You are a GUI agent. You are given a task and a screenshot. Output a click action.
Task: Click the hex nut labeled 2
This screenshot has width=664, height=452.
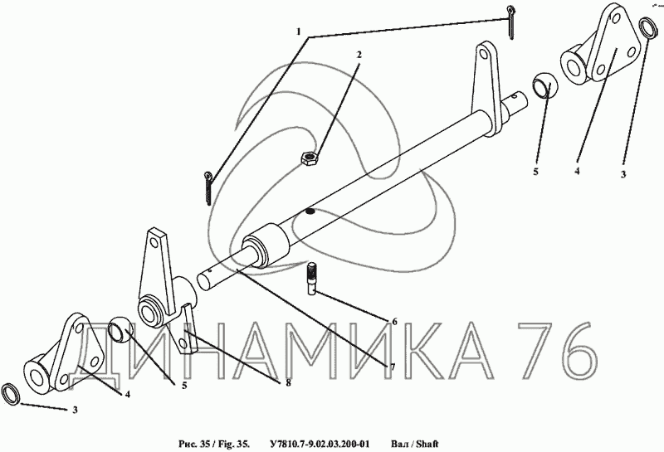[309, 158]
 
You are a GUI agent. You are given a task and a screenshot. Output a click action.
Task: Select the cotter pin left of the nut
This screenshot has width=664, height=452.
[208, 187]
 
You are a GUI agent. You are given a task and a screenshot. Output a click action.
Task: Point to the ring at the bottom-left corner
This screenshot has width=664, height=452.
[10, 395]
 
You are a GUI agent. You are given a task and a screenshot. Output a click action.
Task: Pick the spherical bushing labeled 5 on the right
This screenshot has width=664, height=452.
[545, 85]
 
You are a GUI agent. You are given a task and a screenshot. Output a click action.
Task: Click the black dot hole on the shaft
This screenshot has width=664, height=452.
[310, 211]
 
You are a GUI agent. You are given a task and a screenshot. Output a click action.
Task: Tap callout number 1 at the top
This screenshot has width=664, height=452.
[299, 32]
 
